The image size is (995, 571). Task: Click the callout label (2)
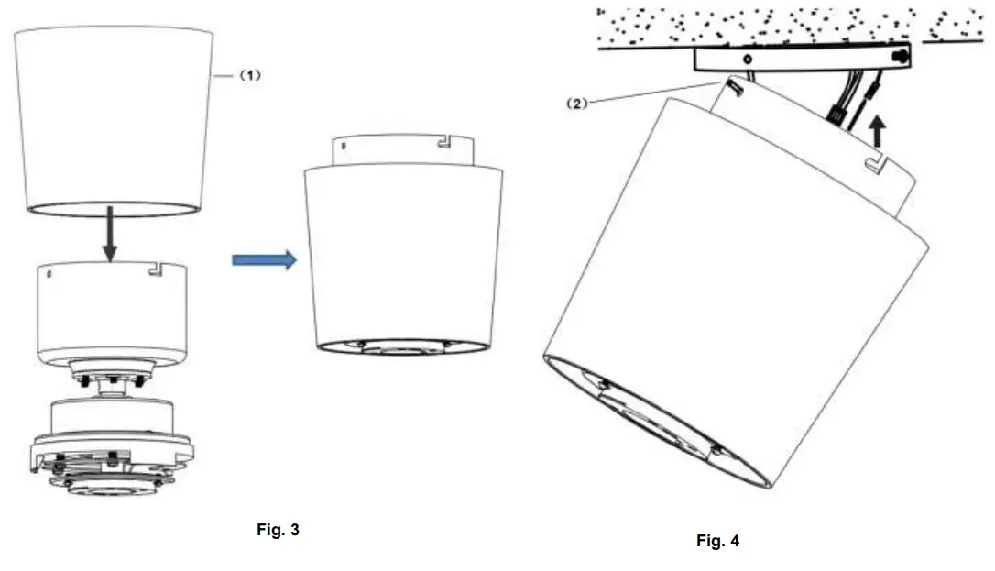point(577,104)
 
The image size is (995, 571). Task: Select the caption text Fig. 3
point(278,530)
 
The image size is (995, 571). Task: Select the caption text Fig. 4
point(717,541)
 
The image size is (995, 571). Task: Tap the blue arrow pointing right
point(265,261)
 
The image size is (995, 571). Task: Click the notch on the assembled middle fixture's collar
point(443,143)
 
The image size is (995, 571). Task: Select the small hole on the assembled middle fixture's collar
point(341,145)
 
